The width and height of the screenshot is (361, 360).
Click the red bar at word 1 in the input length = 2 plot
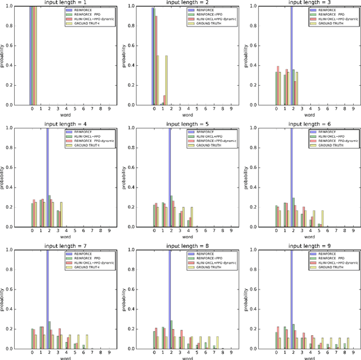[x=164, y=100]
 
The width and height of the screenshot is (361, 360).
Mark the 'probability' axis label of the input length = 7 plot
[x=5, y=300]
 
